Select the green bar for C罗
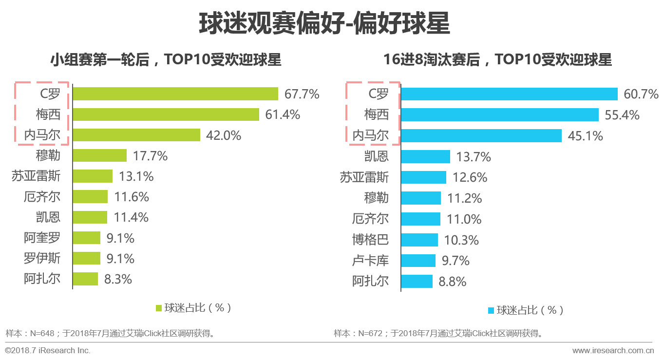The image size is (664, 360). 175,94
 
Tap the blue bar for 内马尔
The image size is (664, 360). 481,135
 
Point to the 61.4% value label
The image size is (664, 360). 283,114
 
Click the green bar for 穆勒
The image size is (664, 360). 100,155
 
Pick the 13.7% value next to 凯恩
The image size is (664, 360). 474,157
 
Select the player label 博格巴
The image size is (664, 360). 370,240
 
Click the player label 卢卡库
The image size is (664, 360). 370,261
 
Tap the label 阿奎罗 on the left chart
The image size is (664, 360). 42,238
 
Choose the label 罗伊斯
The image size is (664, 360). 42,258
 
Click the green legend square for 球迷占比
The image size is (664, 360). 158,308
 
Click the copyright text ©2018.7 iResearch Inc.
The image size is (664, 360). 48,350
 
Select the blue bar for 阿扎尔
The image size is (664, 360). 417,282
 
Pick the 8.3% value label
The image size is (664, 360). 118,279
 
